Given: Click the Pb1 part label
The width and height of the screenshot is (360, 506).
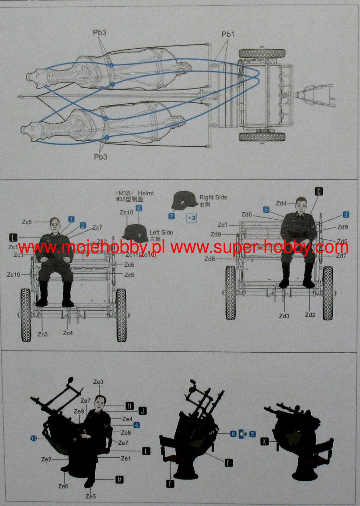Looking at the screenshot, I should (228, 34).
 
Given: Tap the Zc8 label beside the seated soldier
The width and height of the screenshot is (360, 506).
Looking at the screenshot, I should (27, 222).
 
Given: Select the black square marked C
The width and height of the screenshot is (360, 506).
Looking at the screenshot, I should (318, 191).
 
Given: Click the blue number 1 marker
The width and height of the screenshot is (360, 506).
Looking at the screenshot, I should (72, 219).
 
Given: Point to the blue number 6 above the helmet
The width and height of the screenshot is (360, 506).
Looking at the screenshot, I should (139, 208).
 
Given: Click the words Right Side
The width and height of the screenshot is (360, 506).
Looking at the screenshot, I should (213, 197).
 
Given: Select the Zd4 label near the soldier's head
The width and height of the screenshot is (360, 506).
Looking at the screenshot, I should (281, 203).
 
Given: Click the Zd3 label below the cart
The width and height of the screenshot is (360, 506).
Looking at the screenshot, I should (284, 316).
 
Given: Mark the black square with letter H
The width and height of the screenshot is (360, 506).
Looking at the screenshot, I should (130, 406).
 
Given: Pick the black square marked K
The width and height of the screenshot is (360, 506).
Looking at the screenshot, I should (264, 441).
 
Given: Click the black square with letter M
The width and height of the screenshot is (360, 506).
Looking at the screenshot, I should (120, 480).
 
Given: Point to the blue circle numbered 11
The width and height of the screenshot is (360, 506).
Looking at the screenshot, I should (33, 439).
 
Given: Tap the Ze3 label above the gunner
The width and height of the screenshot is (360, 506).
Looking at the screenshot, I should (98, 382).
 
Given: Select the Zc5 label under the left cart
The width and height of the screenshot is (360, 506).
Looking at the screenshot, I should (43, 334).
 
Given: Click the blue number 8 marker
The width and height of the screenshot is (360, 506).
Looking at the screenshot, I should (233, 434).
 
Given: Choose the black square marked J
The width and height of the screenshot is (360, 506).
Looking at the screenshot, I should (142, 411).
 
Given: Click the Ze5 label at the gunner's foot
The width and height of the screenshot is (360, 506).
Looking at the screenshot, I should (91, 496).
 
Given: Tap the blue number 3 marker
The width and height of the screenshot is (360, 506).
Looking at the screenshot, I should (346, 214).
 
